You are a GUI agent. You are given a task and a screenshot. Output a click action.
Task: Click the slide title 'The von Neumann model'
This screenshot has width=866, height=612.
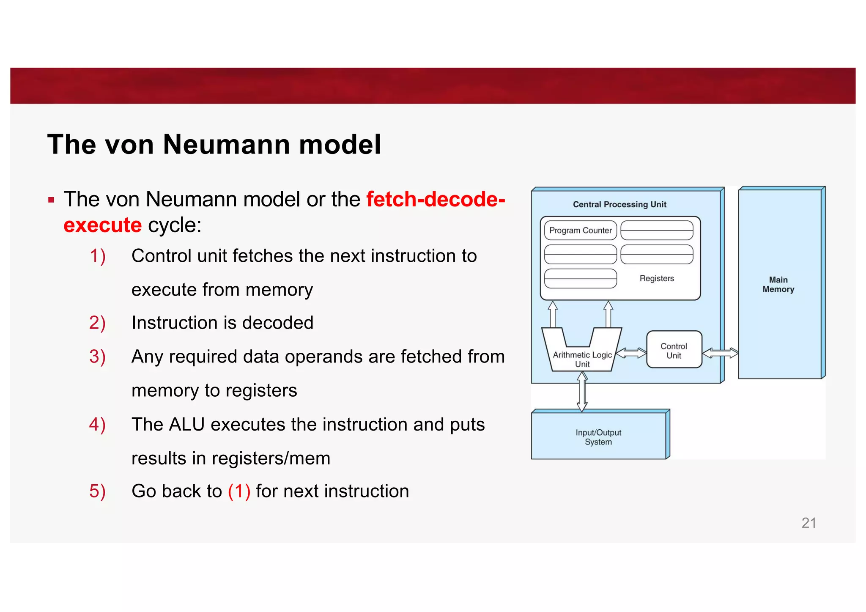click(214, 145)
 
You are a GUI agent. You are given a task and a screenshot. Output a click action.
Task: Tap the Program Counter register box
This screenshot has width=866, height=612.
click(580, 231)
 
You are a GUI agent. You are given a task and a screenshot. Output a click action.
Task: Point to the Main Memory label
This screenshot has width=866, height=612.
click(778, 285)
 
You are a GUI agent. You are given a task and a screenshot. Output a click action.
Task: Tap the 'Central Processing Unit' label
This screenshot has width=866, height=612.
click(619, 204)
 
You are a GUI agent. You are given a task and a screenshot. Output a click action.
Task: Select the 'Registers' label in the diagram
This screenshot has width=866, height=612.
click(656, 278)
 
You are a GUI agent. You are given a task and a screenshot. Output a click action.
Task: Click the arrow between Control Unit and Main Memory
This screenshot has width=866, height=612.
click(720, 353)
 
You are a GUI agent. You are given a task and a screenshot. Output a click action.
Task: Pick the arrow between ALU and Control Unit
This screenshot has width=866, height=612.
click(631, 353)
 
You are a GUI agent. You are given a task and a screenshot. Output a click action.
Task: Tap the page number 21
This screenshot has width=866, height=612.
click(808, 523)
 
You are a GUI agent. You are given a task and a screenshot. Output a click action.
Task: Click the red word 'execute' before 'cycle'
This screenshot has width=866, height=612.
click(102, 225)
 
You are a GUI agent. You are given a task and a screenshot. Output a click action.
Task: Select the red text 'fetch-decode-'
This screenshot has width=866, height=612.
click(436, 199)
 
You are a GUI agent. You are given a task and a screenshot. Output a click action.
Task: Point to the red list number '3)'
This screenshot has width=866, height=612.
click(97, 357)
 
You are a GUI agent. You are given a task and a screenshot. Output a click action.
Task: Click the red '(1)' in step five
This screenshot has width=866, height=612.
click(239, 491)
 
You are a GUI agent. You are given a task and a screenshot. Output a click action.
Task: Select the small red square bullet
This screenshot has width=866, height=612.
click(51, 200)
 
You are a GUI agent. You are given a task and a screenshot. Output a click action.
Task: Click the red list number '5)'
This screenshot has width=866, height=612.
click(97, 491)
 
